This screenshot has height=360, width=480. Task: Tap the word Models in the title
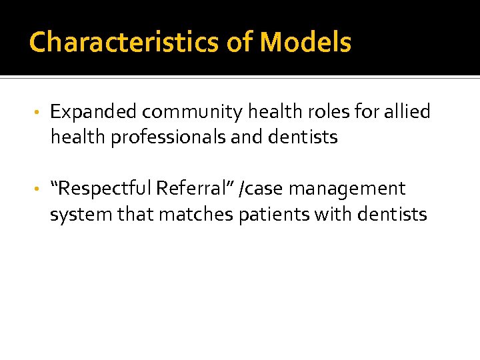pyautogui.click(x=305, y=43)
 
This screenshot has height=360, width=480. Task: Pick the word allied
pyautogui.click(x=409, y=112)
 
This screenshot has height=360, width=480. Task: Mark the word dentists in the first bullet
pyautogui.click(x=305, y=137)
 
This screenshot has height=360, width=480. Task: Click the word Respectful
pyautogui.click(x=105, y=189)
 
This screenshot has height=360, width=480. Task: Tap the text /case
pyautogui.click(x=264, y=189)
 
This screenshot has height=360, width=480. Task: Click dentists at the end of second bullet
pyautogui.click(x=392, y=215)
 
